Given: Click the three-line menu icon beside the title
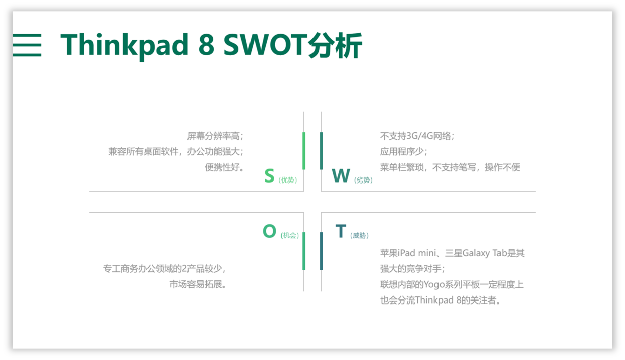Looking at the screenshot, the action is point(27,45).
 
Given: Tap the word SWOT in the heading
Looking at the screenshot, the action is point(265,45).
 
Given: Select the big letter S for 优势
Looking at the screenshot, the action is point(269,175).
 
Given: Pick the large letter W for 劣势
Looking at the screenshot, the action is point(341,175).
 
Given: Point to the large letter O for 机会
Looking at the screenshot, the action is point(269,231).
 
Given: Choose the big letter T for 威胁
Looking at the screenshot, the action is point(341,231).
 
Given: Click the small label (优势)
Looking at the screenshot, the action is point(288,180).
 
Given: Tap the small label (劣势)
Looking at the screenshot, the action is point(363,180).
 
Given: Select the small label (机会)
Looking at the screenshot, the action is point(290,235).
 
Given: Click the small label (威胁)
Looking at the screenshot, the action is point(360,235).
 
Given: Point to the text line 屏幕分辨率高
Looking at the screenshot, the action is point(215,136).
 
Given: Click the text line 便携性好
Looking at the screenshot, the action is point(224,167).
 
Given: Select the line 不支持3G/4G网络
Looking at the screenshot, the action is point(417,136).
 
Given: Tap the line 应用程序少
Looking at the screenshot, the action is point(403,152).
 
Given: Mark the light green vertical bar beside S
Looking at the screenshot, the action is point(304,151).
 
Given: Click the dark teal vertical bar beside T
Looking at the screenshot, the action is point(322,251).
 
